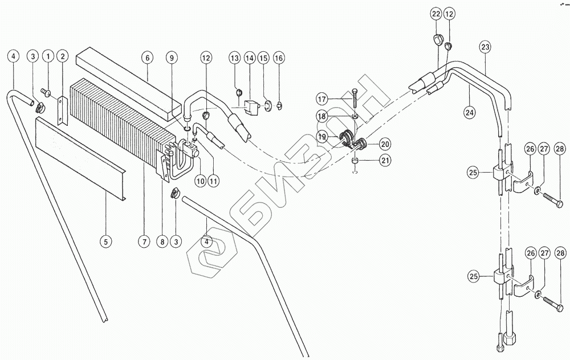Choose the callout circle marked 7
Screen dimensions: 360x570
(x=145, y=242)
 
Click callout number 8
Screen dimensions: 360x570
(x=162, y=242)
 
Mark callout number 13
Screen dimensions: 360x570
(x=235, y=58)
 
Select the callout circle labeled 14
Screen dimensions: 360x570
(x=250, y=58)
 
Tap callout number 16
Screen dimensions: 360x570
(x=278, y=58)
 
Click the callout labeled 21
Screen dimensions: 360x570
(x=385, y=161)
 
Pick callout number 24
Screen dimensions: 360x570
(x=469, y=112)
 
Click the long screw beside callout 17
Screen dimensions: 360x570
(x=355, y=100)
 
